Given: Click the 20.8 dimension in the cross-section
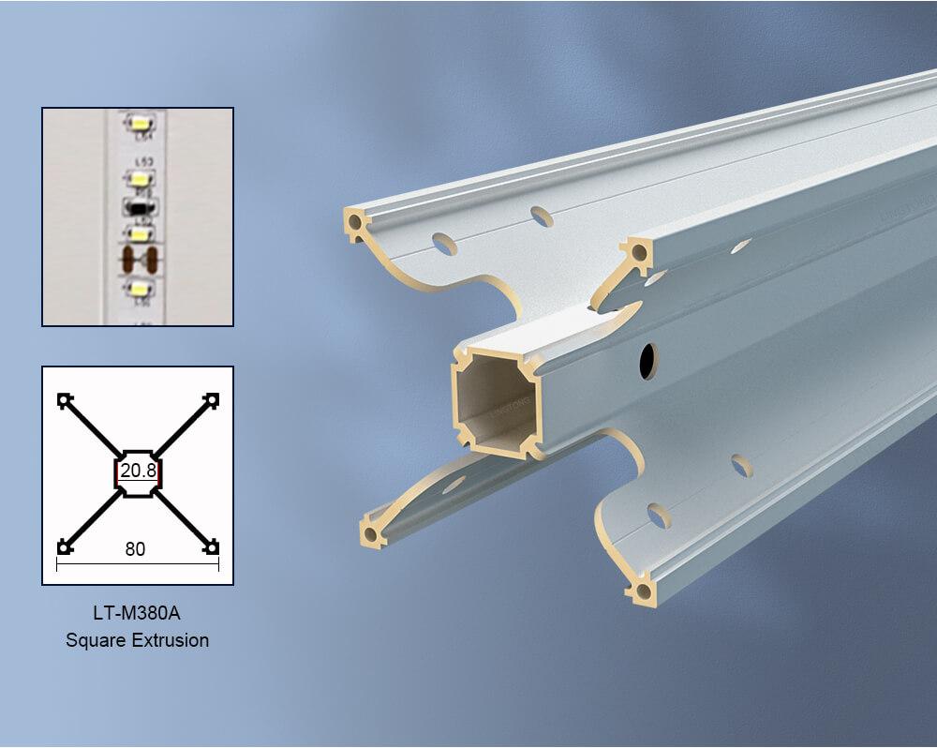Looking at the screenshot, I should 137,471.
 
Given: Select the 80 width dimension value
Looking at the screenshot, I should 135,549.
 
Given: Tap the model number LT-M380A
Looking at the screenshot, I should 137,617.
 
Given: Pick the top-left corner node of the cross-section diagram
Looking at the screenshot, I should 64,400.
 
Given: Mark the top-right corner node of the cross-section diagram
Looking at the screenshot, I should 213,400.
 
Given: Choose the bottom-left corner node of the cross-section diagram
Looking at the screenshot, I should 64,546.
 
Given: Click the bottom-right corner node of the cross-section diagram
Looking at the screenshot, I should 213,546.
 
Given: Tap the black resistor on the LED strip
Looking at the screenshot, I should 140,204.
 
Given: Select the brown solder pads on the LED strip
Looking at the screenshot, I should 140,257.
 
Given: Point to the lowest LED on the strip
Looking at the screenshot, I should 141,288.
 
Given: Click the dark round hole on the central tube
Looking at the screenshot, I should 647,361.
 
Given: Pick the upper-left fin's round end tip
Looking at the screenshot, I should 356,223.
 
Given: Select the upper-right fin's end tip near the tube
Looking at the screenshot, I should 638,251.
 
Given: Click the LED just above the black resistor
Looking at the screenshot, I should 141,175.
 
